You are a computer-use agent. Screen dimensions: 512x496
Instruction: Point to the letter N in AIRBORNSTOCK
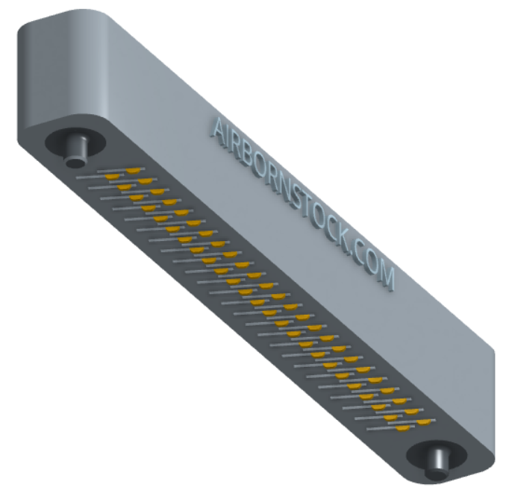point(284,186)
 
